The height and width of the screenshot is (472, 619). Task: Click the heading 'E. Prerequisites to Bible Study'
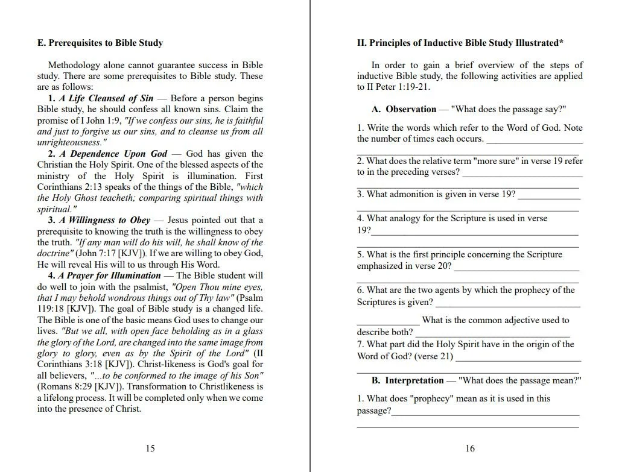pyautogui.click(x=100, y=43)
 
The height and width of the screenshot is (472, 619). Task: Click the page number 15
pyautogui.click(x=150, y=448)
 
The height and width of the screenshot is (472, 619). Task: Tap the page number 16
pyautogui.click(x=470, y=448)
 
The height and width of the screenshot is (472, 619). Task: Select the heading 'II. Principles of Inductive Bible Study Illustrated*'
pyautogui.click(x=460, y=43)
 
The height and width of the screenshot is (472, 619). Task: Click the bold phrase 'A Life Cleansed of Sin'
pyautogui.click(x=106, y=98)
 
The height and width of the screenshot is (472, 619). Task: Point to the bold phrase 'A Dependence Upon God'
pyautogui.click(x=113, y=154)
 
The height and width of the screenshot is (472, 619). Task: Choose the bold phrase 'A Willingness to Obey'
pyautogui.click(x=104, y=220)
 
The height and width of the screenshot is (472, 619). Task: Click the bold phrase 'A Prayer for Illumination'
pyautogui.click(x=110, y=275)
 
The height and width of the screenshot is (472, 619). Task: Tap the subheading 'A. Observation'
pyautogui.click(x=404, y=109)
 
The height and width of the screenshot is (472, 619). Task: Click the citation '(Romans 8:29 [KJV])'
pyautogui.click(x=76, y=386)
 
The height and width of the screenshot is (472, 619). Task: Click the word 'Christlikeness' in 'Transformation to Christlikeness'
pyautogui.click(x=224, y=386)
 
